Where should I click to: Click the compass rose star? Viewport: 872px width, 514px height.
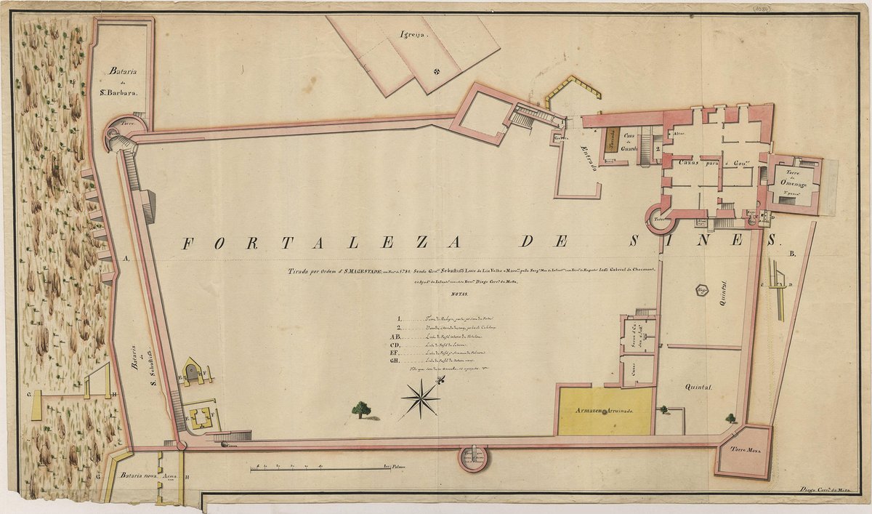(x=420, y=398)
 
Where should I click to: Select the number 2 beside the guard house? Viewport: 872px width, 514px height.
(x=657, y=152)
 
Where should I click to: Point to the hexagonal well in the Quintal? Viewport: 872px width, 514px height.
(x=702, y=291)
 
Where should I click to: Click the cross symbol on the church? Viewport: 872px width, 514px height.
(x=437, y=71)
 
